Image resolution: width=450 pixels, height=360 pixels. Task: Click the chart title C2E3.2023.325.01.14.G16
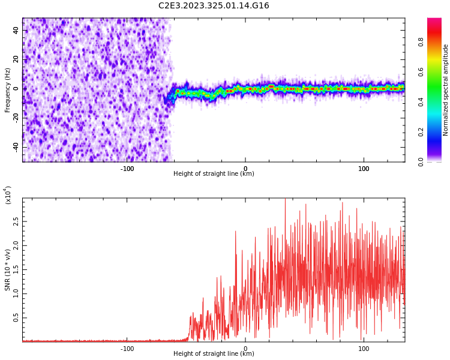[214, 6]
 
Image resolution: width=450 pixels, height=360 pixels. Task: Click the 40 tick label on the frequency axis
[16, 30]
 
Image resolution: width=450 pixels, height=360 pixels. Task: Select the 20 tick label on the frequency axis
[16, 59]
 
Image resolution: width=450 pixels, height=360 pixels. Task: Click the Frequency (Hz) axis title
[8, 90]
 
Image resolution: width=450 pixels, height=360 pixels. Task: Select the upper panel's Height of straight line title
[214, 174]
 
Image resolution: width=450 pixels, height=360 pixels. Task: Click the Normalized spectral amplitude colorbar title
[446, 90]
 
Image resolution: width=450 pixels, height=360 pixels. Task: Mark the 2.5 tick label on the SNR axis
[16, 221]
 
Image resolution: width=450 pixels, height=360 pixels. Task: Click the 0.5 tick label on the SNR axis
[16, 318]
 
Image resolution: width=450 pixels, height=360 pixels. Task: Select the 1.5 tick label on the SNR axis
[16, 269]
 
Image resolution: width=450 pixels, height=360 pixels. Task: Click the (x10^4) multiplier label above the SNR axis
[8, 195]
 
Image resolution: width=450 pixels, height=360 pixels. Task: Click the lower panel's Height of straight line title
[214, 354]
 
